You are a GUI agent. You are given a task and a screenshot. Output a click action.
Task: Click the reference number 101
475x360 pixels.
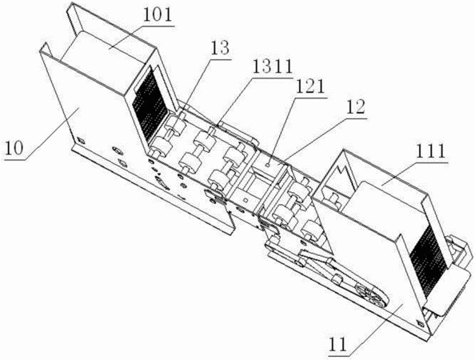158,15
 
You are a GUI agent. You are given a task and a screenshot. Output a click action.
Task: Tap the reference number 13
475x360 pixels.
220,49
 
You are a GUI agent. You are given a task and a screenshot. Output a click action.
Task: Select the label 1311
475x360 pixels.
272,67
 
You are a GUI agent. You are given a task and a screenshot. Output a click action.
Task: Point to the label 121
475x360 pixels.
310,88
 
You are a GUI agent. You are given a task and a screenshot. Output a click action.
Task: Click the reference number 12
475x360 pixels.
355,107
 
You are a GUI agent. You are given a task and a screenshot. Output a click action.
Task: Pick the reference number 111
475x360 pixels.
431,151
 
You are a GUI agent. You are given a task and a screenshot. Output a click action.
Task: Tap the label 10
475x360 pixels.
14,149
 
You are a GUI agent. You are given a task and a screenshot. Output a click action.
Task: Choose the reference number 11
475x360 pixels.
337,345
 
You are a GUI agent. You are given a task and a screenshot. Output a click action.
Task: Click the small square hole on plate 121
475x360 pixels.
267,165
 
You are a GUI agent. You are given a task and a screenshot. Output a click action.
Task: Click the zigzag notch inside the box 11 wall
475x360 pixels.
346,174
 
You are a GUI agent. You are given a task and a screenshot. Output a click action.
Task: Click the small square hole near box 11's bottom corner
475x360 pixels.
420,322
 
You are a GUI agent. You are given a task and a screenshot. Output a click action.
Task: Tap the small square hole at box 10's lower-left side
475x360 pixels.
81,140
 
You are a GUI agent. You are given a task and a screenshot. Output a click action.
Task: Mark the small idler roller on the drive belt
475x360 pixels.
336,278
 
